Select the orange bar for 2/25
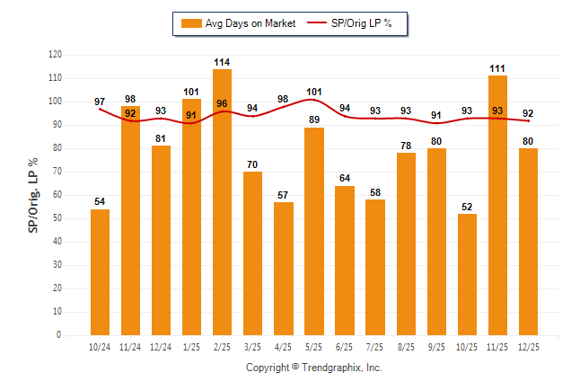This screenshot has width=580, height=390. click(222, 202)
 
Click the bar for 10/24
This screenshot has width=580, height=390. click(100, 272)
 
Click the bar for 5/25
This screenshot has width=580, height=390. click(314, 231)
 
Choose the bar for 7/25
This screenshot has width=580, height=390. click(375, 267)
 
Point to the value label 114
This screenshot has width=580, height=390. click(222, 62)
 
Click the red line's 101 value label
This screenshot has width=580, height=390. click(314, 92)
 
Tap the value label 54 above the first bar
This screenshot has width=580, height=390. click(100, 202)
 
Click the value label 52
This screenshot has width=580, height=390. click(467, 207)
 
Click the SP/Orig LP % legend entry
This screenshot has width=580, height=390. click(352, 23)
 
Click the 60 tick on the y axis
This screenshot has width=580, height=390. click(57, 195)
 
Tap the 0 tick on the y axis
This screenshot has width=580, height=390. click(59, 335)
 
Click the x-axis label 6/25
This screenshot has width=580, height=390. click(345, 347)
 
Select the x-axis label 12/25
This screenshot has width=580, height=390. click(528, 347)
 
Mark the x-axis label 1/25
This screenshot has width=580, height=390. click(191, 347)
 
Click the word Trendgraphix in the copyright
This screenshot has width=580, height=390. click(334, 368)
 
